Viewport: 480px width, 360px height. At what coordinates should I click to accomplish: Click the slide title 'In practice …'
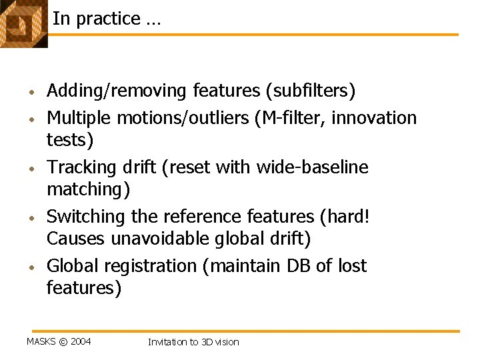(106, 19)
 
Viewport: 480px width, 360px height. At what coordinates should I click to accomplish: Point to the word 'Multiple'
(79, 118)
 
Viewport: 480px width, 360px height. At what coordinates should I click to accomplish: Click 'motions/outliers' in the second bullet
(183, 118)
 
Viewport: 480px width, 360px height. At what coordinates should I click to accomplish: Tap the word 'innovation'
(374, 118)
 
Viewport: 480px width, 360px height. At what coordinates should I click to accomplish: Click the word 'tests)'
(70, 140)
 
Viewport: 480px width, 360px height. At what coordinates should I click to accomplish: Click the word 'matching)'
(89, 190)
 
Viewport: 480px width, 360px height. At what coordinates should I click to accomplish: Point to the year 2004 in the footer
(80, 341)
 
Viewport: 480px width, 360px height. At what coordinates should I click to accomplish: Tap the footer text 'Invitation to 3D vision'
(193, 341)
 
